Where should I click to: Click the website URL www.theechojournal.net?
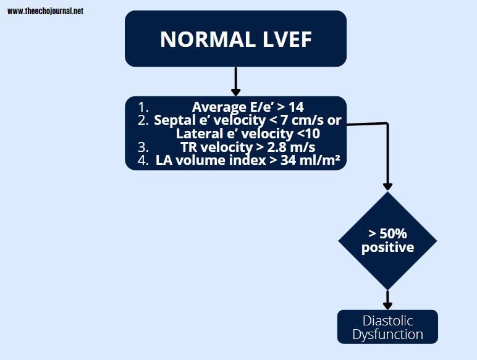tap(45, 11)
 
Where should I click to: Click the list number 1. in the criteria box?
tap(143, 107)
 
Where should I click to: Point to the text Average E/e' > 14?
tap(247, 107)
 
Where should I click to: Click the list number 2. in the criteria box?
tap(143, 120)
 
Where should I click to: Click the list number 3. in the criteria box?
tap(143, 147)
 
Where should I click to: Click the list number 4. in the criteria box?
tap(143, 161)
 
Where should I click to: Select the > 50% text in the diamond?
tap(387, 234)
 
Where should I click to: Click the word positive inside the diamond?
tap(387, 247)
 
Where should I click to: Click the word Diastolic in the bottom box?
tap(387, 320)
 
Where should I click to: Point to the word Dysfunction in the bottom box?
tap(387, 335)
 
